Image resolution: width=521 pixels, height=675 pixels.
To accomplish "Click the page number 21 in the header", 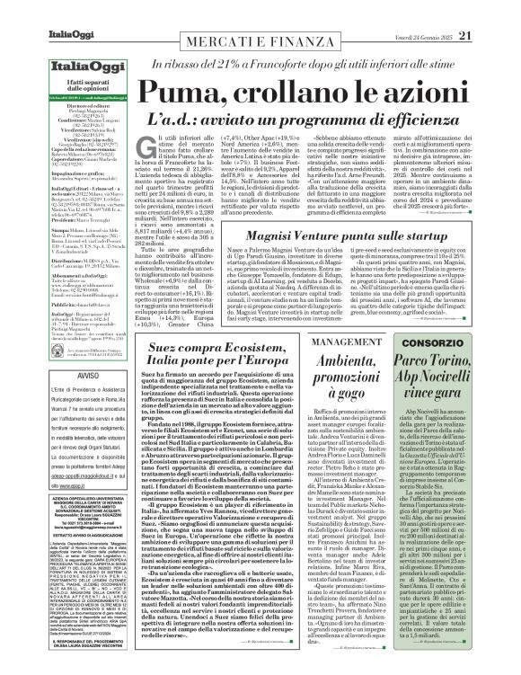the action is [x=490, y=11].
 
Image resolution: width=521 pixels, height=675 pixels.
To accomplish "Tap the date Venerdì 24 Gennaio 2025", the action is [x=428, y=11].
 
